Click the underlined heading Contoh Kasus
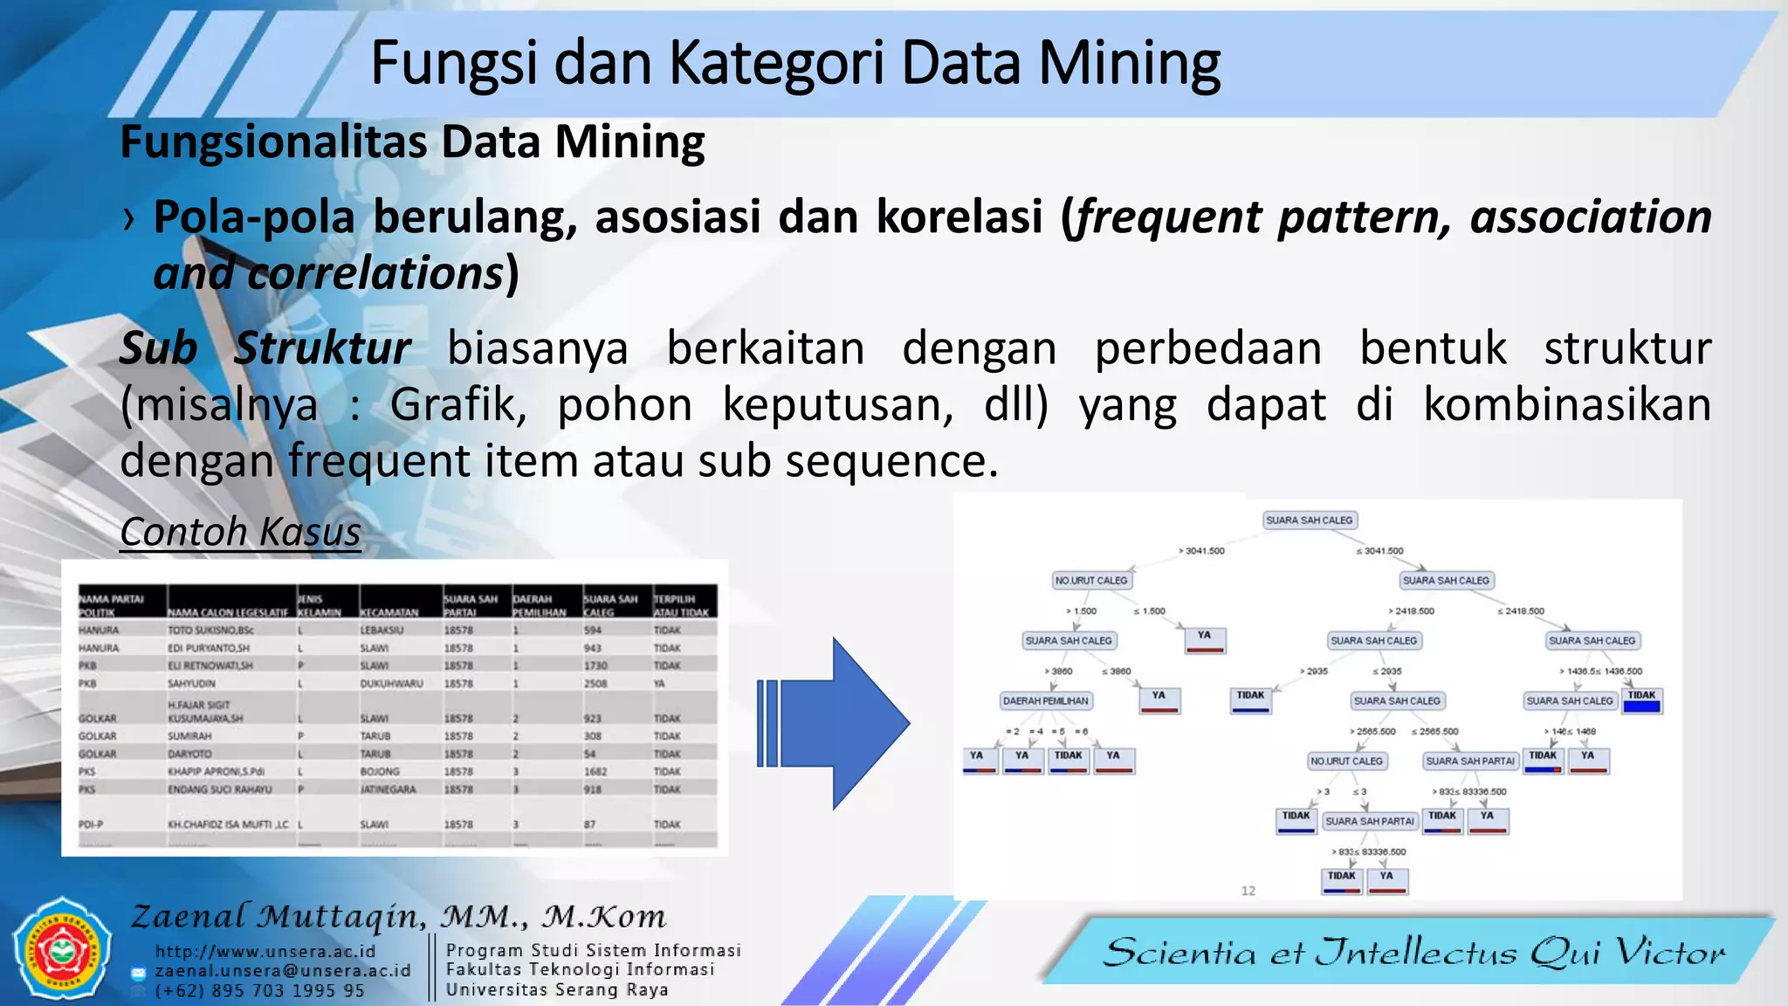tap(240, 531)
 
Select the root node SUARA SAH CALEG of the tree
tap(1309, 520)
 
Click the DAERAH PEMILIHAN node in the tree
tap(1045, 700)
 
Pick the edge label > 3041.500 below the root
tap(1202, 551)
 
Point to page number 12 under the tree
tap(1248, 891)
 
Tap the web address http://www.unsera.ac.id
tap(265, 951)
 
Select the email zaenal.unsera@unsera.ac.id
tap(283, 971)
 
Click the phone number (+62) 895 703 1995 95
tap(260, 991)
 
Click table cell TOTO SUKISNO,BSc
tap(210, 630)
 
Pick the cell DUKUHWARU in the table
tap(391, 684)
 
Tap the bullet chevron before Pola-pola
tap(129, 218)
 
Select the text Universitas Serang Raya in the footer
tap(557, 989)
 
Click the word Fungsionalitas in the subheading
tap(273, 142)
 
